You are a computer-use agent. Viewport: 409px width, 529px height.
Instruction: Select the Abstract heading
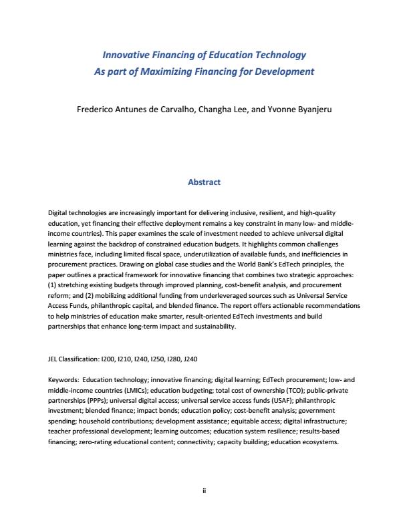point(204,182)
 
